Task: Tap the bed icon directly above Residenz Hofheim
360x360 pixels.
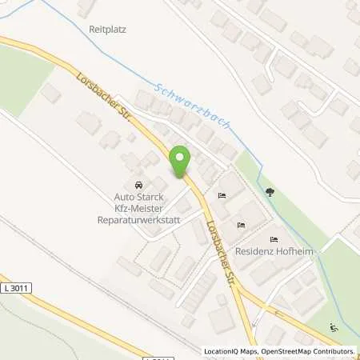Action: pos(274,239)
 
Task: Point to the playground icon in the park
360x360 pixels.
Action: pos(334,326)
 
